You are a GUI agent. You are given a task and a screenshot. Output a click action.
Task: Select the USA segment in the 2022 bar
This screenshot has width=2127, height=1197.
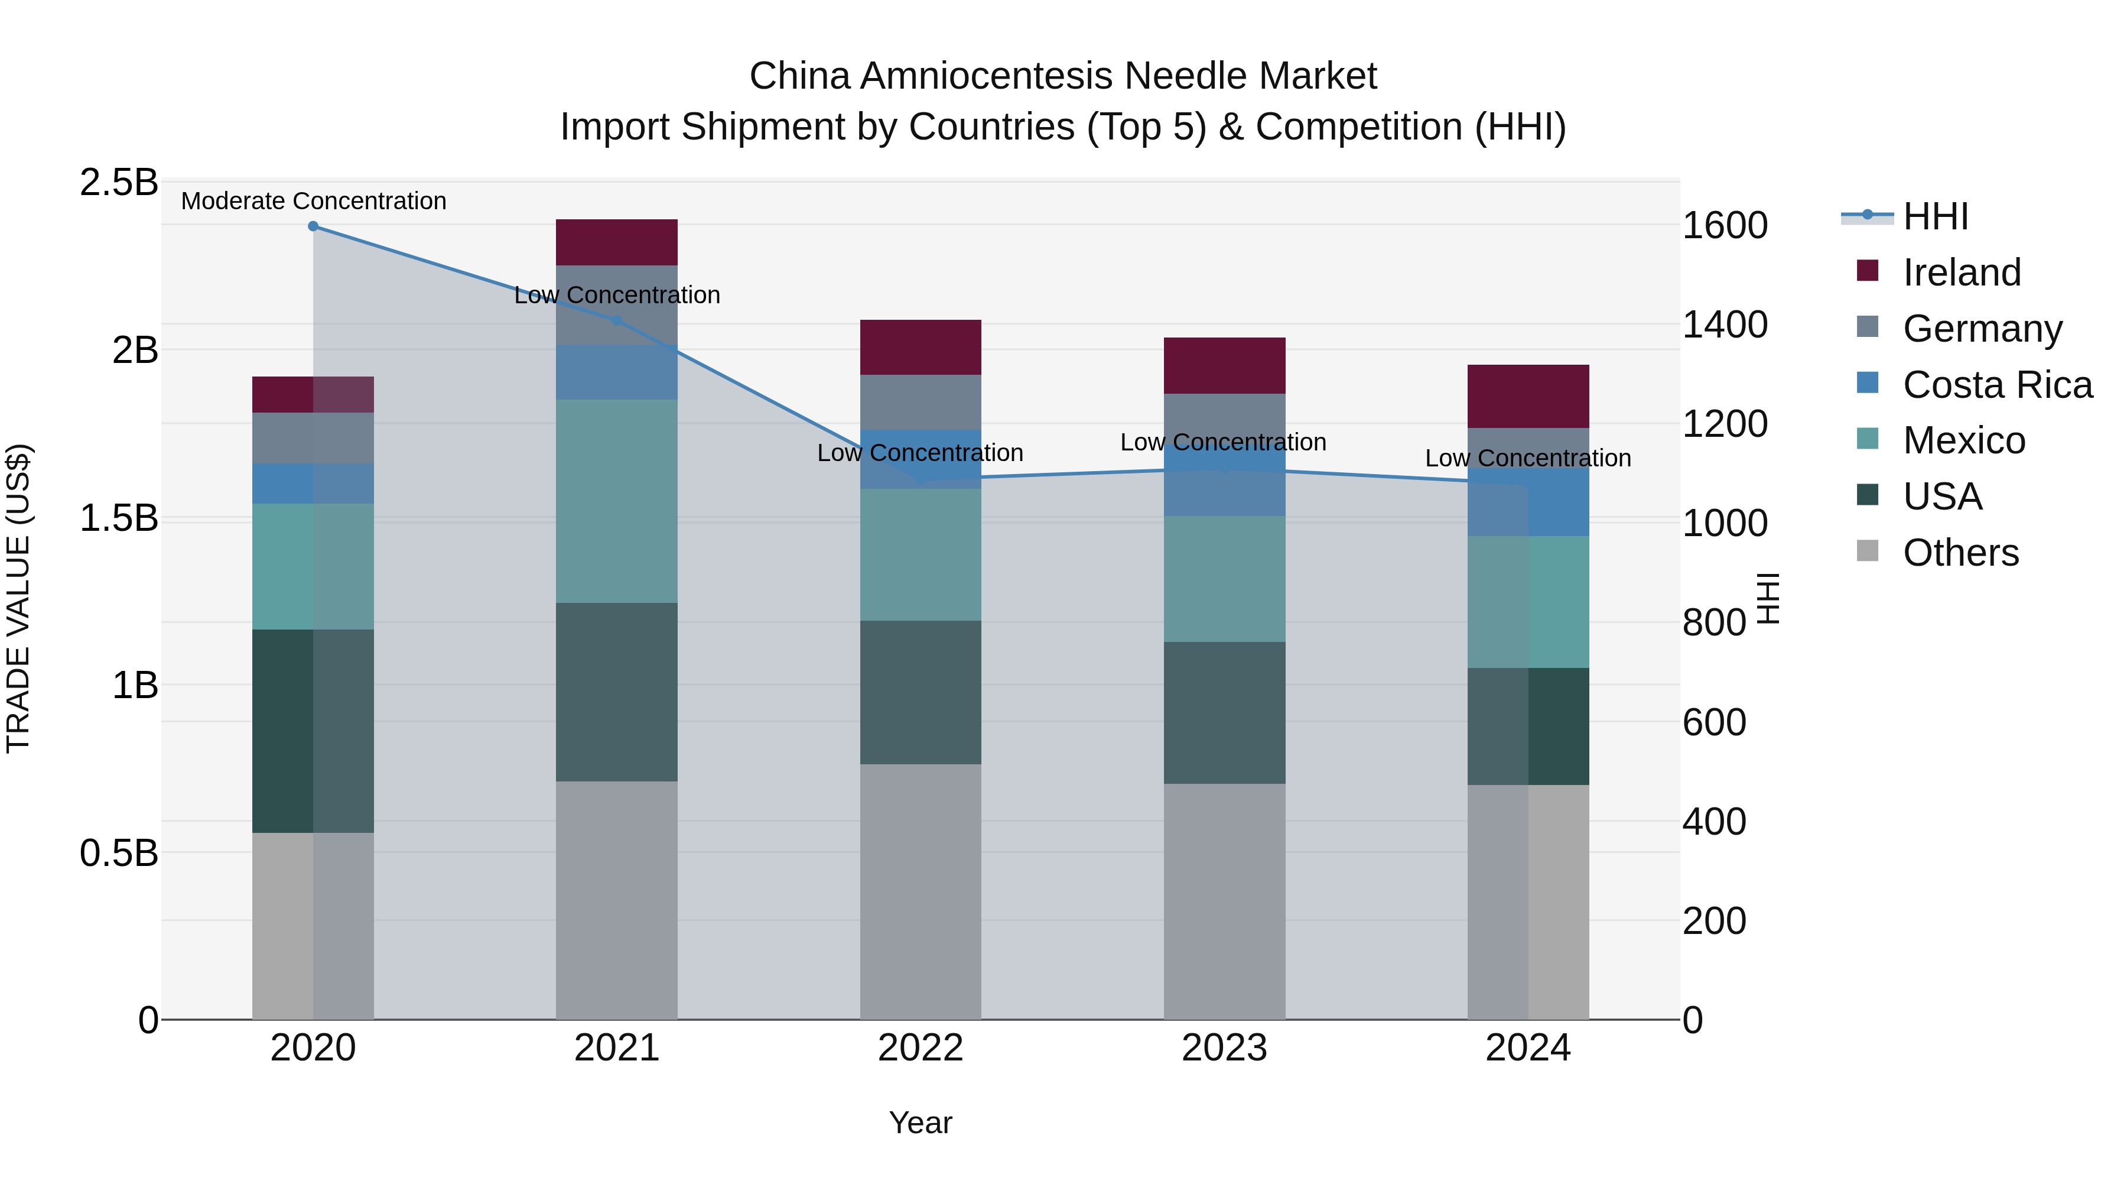click(x=920, y=692)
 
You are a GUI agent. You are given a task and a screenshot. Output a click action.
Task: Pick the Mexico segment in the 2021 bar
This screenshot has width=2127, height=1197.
click(x=616, y=501)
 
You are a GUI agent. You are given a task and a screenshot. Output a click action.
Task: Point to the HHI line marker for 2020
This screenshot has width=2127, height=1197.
click(x=313, y=226)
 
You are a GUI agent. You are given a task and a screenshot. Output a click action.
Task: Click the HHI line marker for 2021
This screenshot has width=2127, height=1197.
click(x=616, y=320)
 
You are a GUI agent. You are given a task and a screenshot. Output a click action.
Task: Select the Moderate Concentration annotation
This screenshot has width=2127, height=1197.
click(x=313, y=201)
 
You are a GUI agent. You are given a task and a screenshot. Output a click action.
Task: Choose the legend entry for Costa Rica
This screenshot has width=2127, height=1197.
click(x=1996, y=385)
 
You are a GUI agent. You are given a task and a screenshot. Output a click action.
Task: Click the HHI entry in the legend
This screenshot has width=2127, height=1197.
click(x=1934, y=216)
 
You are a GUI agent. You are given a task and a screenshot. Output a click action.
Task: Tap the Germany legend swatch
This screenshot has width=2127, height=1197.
click(x=1867, y=327)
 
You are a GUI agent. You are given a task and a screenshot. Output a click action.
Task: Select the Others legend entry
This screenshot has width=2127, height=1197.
click(x=1960, y=553)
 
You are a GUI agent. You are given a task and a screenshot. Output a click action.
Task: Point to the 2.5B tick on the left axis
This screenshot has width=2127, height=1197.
click(x=118, y=183)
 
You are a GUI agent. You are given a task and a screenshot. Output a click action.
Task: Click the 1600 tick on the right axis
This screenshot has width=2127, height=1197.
click(x=1724, y=226)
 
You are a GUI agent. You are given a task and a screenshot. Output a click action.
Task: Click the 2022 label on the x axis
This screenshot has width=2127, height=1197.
click(x=920, y=1048)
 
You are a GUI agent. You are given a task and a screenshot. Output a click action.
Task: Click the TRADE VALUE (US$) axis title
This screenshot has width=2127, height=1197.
click(x=18, y=598)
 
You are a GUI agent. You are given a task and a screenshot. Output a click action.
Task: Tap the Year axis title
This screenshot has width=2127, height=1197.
click(x=920, y=1123)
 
